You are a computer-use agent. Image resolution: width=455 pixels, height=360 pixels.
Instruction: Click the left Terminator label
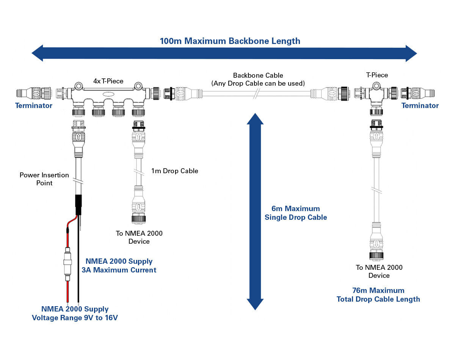tap(34, 105)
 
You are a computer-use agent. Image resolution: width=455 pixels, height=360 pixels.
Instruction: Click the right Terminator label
tap(420, 105)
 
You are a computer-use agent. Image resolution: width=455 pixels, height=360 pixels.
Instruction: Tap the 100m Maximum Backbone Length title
tap(230, 41)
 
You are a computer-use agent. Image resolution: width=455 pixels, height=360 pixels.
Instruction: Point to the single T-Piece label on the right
tap(377, 75)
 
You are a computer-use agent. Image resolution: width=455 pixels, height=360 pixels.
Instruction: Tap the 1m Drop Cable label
tap(174, 171)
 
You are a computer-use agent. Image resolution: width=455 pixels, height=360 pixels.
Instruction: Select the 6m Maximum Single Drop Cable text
tap(296, 213)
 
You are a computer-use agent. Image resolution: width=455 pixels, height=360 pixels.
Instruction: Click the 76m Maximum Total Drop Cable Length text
tap(378, 295)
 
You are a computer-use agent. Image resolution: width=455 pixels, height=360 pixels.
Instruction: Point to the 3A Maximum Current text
tap(119, 270)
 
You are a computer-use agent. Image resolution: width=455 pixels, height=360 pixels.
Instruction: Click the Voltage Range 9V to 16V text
tap(75, 318)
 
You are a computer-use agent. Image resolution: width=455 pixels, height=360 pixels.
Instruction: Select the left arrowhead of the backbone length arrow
tap(38, 53)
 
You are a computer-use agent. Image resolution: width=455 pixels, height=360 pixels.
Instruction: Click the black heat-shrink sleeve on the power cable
tap(79, 205)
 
